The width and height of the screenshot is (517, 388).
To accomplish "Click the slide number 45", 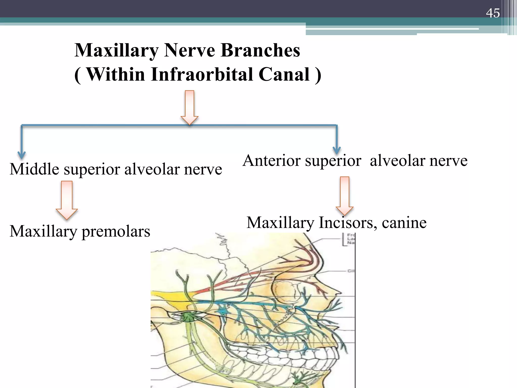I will pyautogui.click(x=493, y=13).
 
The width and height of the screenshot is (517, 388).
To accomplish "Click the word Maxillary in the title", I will pyautogui.click(x=116, y=50).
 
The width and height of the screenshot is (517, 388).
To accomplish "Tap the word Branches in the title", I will pyautogui.click(x=260, y=50).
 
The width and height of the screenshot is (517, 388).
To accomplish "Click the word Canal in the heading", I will pyautogui.click(x=284, y=75).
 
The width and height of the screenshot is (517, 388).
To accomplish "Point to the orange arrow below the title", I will pyautogui.click(x=190, y=107).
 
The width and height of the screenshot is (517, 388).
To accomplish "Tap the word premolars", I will pyautogui.click(x=116, y=231).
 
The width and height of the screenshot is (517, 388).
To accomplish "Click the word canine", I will pyautogui.click(x=404, y=223).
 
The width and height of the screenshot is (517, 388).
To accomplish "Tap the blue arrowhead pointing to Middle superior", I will pyautogui.click(x=22, y=155).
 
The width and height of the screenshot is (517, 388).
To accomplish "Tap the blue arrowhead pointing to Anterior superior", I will pyautogui.click(x=337, y=151).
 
